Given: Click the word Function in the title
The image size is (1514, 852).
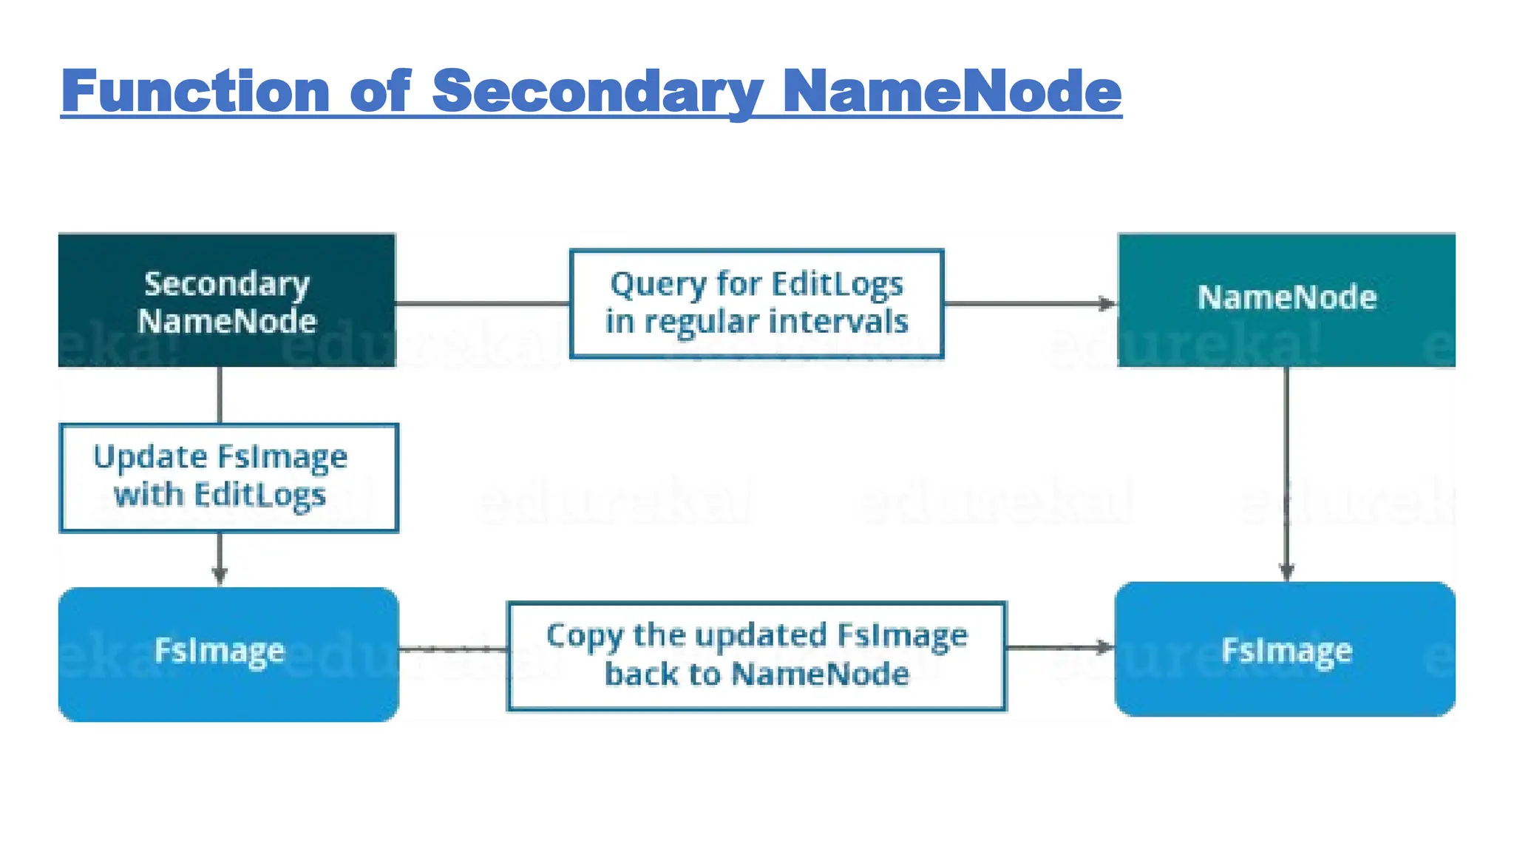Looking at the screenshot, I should [195, 91].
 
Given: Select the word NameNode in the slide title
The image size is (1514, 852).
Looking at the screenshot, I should [951, 91].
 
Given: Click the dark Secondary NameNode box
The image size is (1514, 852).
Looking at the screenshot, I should [226, 300].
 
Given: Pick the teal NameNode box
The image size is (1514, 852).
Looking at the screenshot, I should [1286, 300].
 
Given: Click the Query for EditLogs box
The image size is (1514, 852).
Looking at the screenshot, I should [756, 303].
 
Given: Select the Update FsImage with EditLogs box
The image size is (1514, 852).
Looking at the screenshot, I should [228, 477].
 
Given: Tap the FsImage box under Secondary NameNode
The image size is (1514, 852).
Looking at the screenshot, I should [228, 654].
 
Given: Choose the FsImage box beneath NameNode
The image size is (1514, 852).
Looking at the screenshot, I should [1285, 649].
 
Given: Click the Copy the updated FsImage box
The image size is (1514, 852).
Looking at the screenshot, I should [756, 656].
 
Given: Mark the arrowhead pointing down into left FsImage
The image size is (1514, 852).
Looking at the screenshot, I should [220, 575].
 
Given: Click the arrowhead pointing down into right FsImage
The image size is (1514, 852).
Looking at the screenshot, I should [1286, 571].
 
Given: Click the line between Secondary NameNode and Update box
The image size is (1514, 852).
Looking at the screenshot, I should [220, 395].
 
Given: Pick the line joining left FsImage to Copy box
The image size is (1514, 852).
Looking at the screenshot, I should [452, 649].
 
